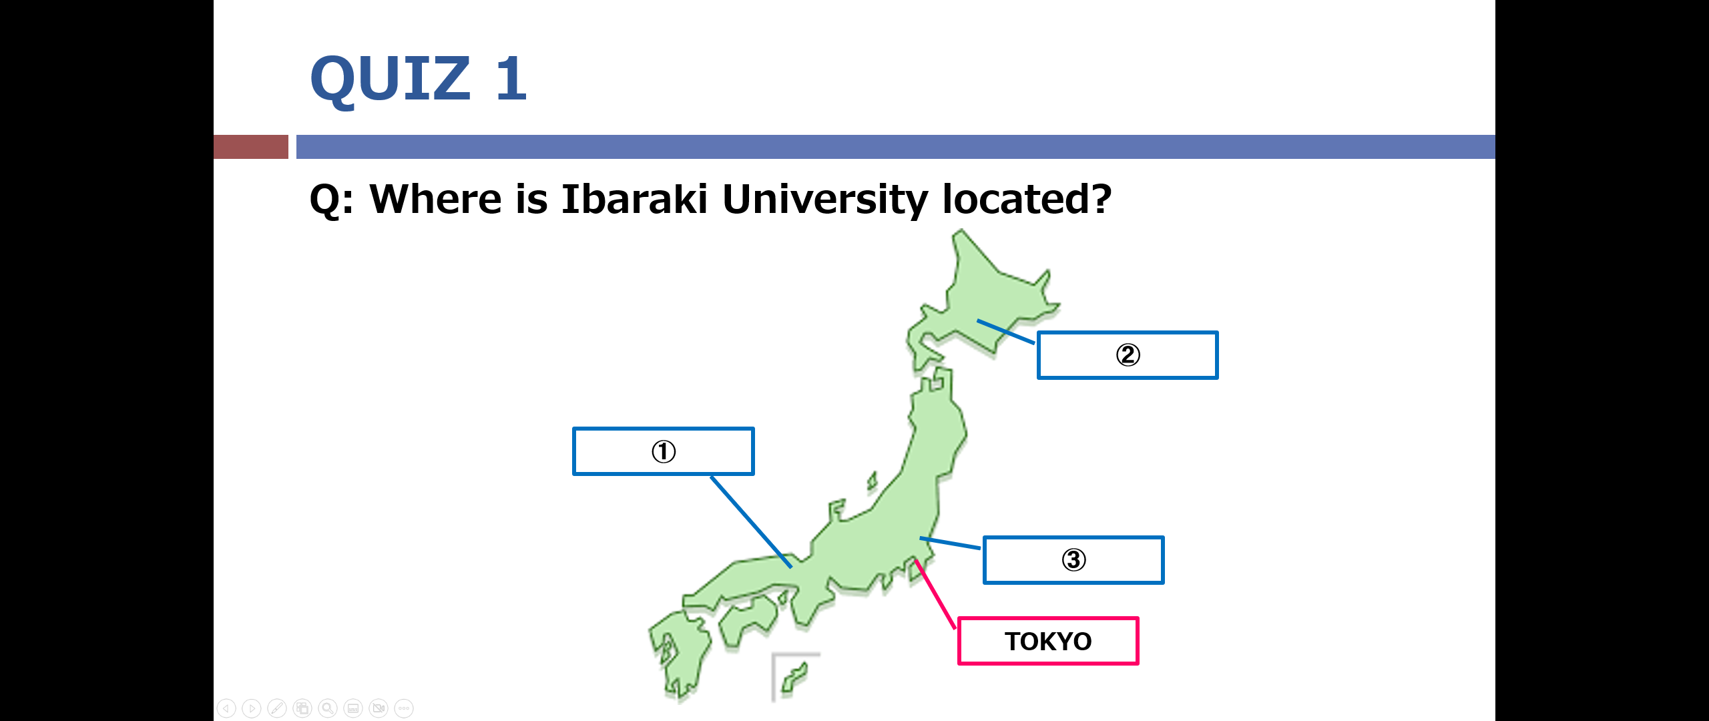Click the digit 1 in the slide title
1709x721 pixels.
[511, 78]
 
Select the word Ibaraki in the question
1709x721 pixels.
[634, 199]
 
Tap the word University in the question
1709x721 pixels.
[825, 200]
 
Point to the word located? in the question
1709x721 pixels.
[1027, 199]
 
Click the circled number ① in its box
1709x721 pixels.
[664, 451]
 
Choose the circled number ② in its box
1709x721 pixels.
[1128, 354]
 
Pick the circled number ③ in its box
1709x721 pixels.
[1074, 559]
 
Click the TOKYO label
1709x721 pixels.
[1048, 641]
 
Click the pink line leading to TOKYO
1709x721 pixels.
[935, 594]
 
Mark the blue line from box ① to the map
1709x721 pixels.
[752, 521]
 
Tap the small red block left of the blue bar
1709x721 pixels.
[251, 147]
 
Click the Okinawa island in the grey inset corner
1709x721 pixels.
[794, 678]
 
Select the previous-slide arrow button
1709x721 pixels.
[226, 708]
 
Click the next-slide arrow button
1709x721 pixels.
[252, 708]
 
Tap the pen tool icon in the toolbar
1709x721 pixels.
[277, 708]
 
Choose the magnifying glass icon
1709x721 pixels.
[328, 708]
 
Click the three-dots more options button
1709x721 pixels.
[404, 708]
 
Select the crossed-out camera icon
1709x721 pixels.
[379, 708]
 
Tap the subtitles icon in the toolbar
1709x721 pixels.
[353, 708]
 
